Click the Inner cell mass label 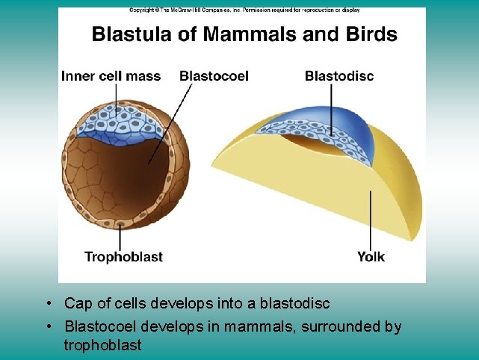coord(111,75)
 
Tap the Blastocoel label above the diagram coord(214,75)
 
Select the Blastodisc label coord(339,75)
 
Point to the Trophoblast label coord(123,257)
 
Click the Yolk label coord(371,257)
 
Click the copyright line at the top coord(244,10)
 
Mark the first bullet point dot coord(47,304)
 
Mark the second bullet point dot coord(47,327)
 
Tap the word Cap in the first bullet coord(77,304)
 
